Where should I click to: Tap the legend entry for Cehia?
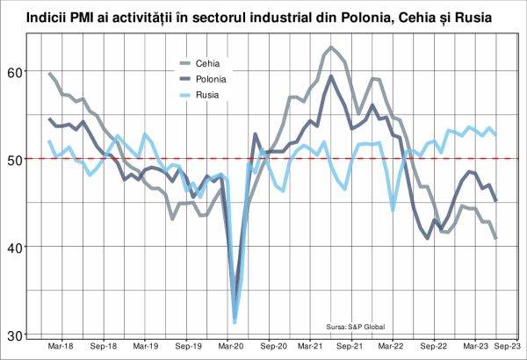tap(207, 62)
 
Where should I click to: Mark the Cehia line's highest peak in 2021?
tap(331, 47)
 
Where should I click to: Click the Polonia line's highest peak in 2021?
tap(331, 76)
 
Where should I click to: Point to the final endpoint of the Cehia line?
tap(496, 238)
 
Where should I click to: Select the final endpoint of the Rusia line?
tap(496, 134)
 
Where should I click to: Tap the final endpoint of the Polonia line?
tap(496, 200)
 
